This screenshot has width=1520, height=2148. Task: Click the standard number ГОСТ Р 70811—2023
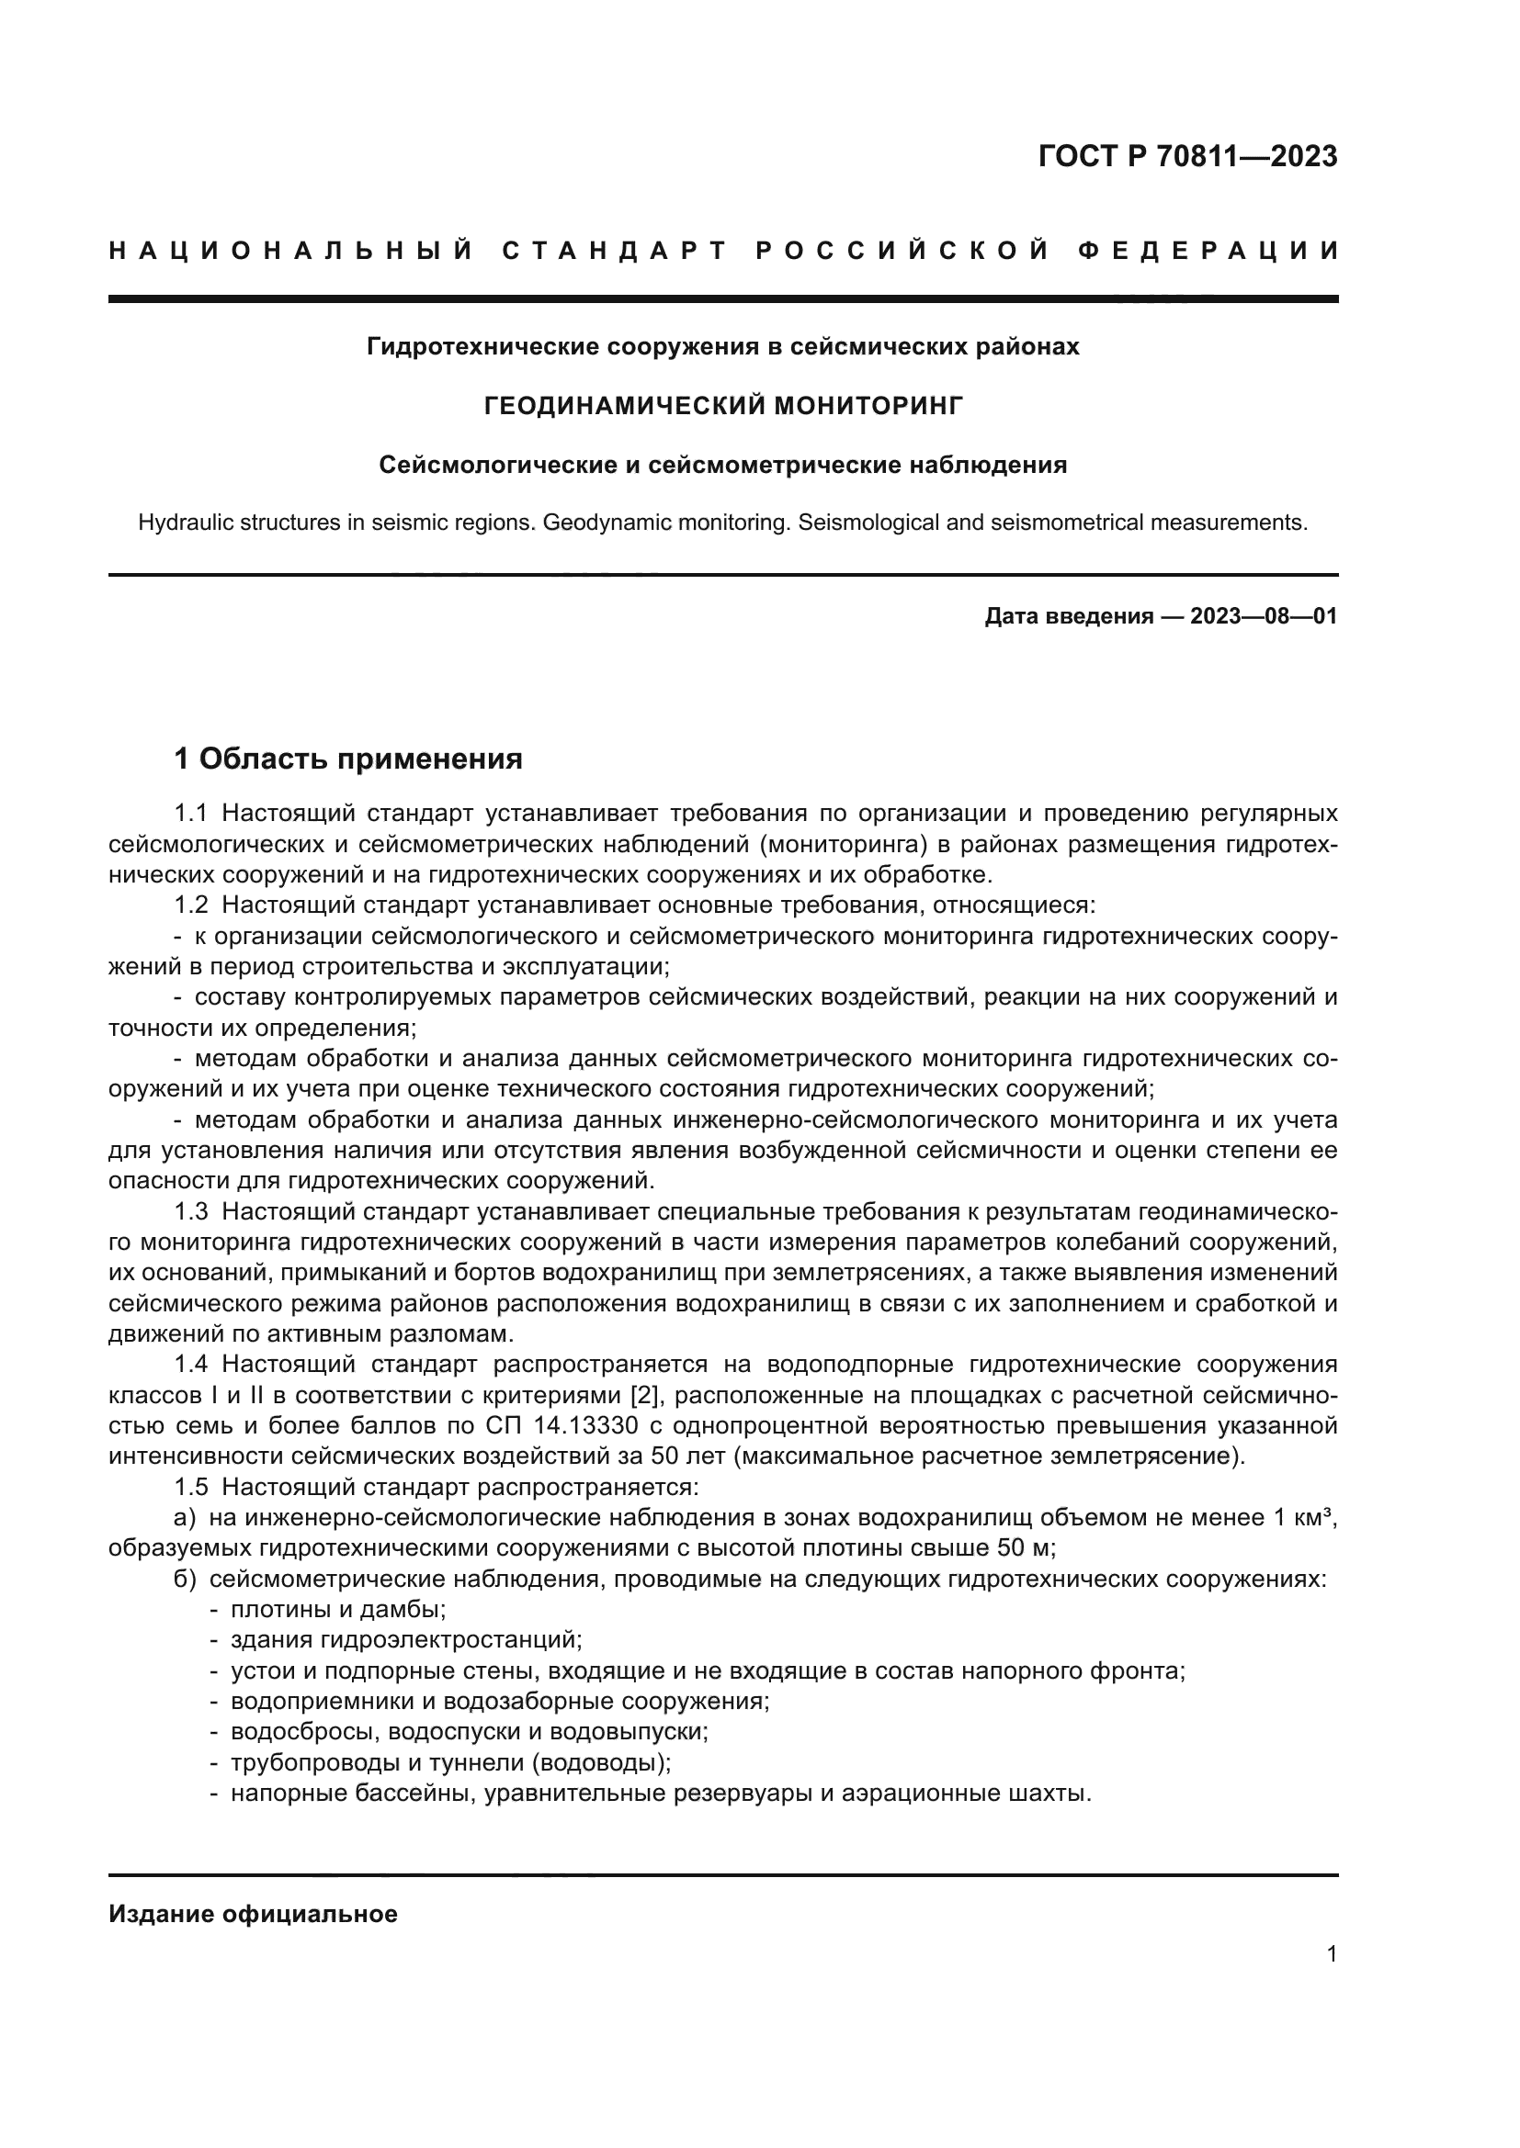1186,156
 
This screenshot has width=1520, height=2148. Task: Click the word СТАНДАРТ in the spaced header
615,251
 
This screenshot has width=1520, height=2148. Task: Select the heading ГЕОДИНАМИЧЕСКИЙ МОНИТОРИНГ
722,406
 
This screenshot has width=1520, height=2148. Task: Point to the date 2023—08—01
1263,616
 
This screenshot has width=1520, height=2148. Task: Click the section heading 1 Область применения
348,759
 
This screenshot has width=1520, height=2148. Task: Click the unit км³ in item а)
1314,1517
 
